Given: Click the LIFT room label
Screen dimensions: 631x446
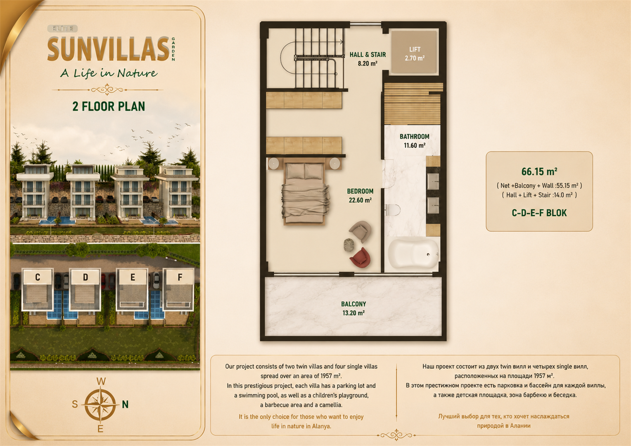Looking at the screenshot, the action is point(415,54).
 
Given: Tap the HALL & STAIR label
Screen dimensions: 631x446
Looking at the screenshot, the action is point(368,59).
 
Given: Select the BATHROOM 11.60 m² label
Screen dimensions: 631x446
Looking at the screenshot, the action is point(414,141).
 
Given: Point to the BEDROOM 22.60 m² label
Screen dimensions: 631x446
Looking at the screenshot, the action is point(360,195).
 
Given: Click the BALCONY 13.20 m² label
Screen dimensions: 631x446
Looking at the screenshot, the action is point(353,308).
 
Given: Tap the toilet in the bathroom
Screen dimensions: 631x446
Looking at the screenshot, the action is point(393,210).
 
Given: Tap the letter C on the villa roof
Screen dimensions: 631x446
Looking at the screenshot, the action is point(38,277).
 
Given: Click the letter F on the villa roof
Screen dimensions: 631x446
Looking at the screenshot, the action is point(180,277).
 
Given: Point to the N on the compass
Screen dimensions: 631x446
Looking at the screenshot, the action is point(125,405).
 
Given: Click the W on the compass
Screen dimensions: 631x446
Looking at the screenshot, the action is point(101,382).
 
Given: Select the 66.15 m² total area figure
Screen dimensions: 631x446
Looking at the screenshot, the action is point(539,171).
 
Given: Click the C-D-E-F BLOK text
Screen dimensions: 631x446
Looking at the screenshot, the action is point(539,213).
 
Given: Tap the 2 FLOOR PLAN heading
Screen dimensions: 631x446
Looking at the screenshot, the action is point(109,107).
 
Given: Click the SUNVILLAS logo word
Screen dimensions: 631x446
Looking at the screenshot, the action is point(109,49).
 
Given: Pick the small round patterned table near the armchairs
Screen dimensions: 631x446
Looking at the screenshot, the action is point(349,245).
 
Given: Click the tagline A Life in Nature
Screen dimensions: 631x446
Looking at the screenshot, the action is point(109,73).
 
